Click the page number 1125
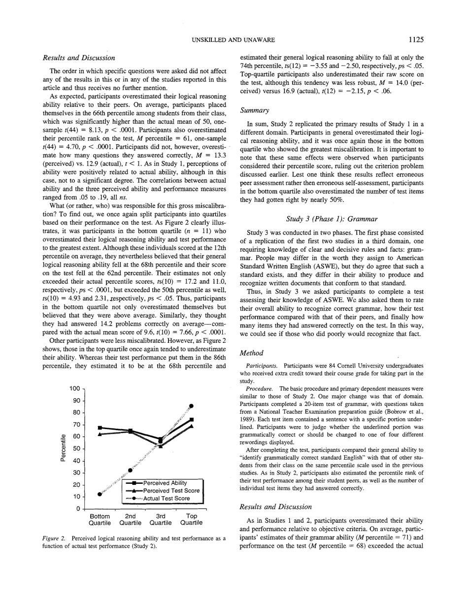415,39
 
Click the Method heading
251,339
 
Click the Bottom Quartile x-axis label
100,519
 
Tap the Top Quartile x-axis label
191,519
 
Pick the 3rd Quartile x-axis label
161,519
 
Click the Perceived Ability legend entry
165,483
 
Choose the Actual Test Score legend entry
166,499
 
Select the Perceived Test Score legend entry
171,491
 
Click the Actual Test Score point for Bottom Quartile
100,494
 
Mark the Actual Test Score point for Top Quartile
192,406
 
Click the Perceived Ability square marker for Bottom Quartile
100,428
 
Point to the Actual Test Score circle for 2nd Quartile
131,470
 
